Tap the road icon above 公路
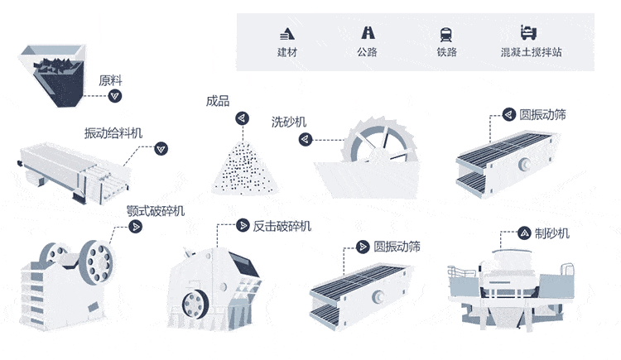[367, 33]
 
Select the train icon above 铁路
[447, 34]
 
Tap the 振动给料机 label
[113, 133]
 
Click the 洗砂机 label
[289, 122]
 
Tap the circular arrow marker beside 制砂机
[523, 233]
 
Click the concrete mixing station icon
[529, 33]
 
